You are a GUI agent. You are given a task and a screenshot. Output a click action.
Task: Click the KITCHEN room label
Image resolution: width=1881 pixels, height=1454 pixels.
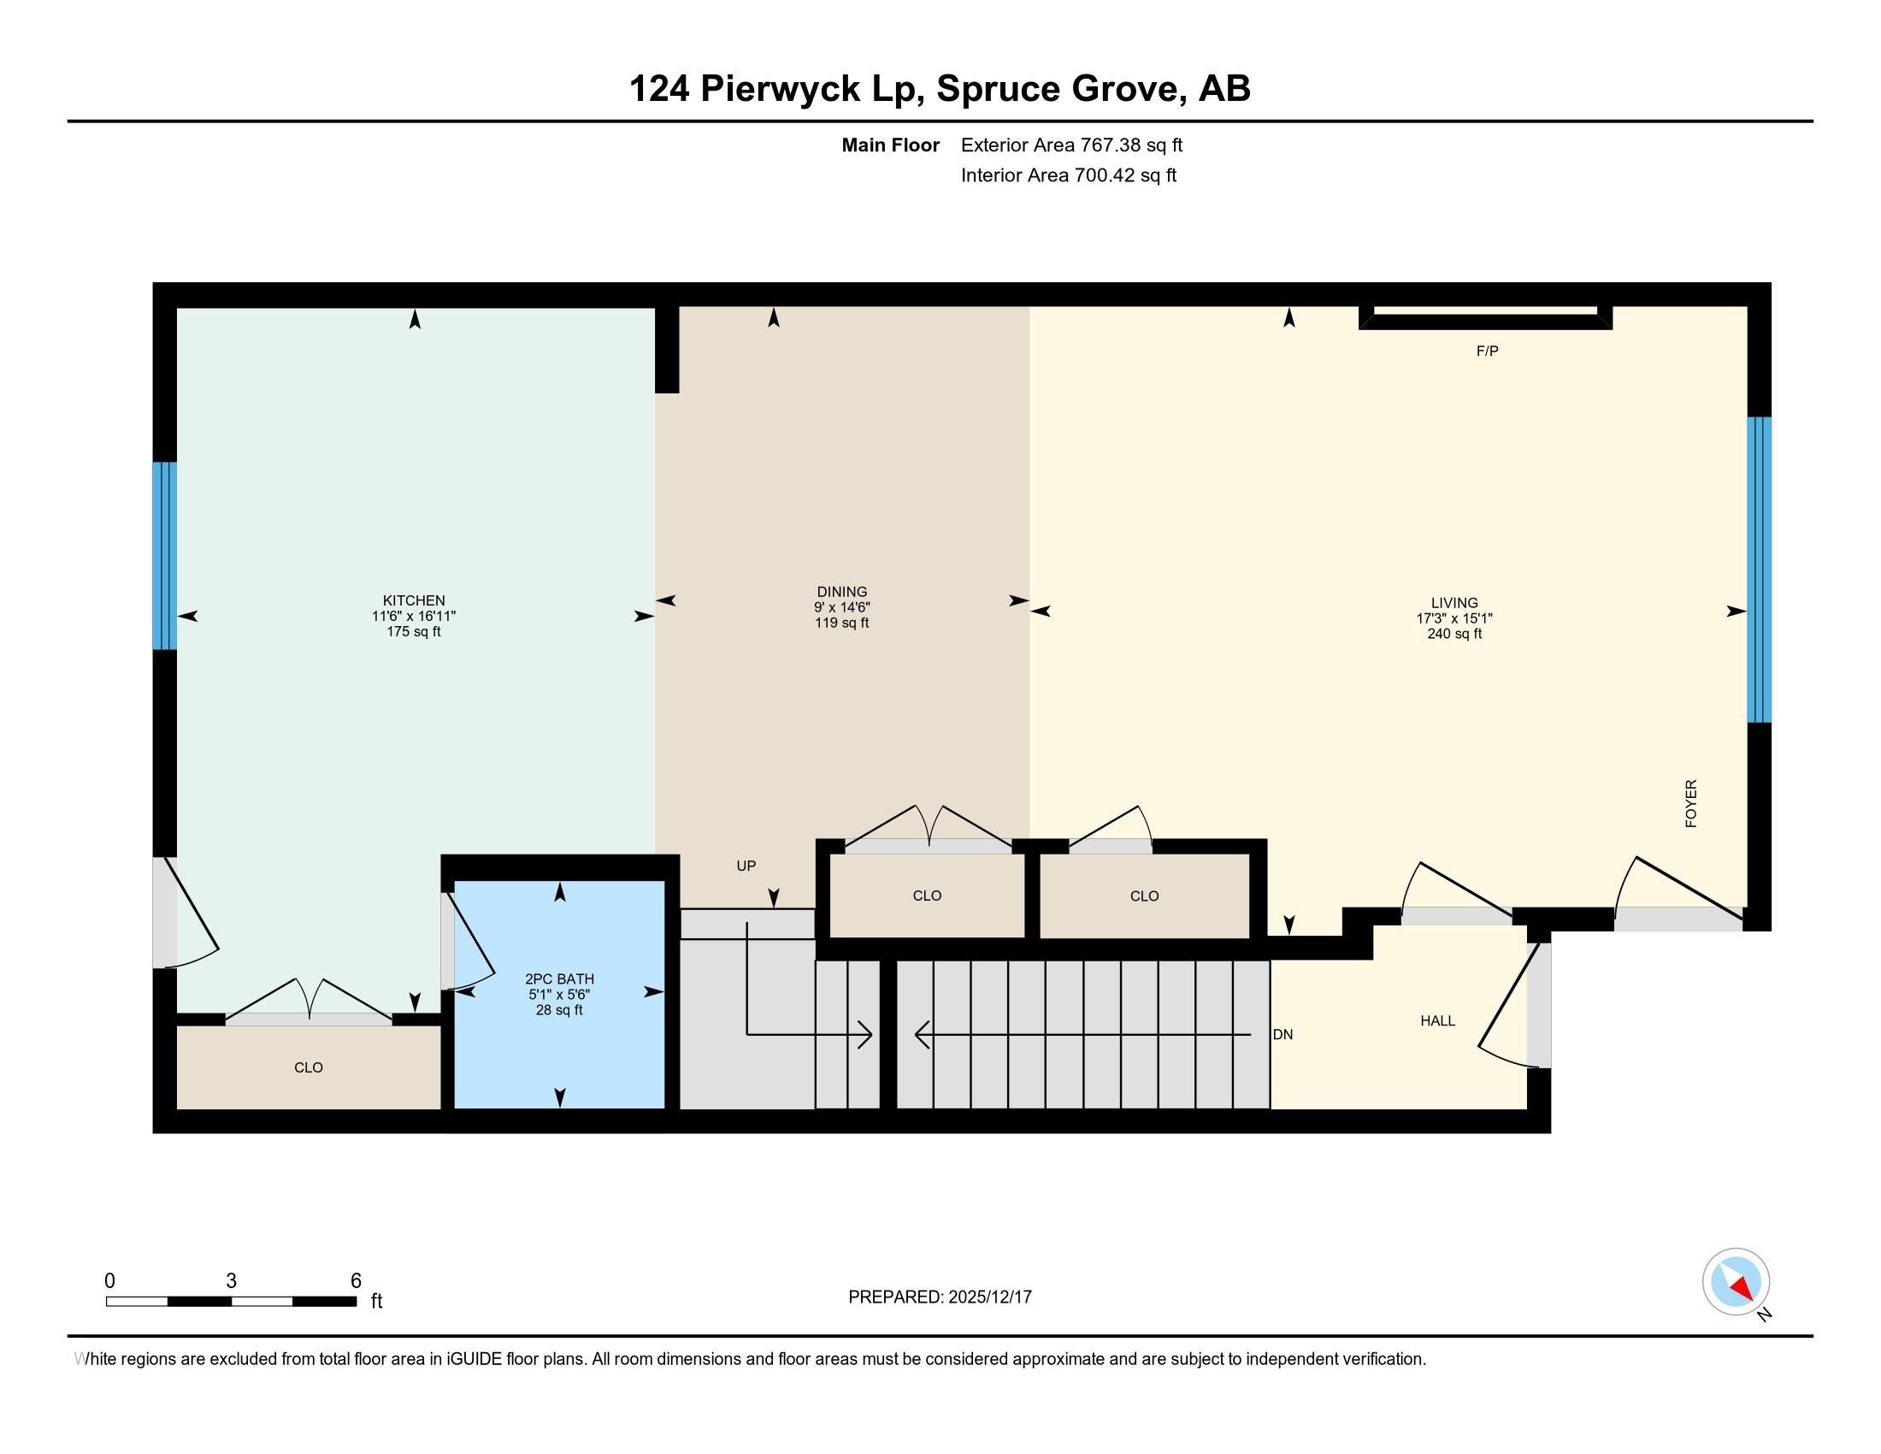pos(414,600)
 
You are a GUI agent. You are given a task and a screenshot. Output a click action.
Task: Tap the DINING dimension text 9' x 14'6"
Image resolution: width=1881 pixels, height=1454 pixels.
pos(841,607)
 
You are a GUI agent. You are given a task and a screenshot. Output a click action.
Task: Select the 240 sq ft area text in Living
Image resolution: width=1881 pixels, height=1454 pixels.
pos(1453,634)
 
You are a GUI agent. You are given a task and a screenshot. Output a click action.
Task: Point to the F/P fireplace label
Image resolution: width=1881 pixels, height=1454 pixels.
pos(1487,352)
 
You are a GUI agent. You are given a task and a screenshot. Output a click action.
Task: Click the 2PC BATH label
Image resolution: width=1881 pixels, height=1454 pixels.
pos(559,978)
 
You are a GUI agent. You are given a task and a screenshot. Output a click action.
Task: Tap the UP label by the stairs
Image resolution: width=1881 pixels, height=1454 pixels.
pos(746,866)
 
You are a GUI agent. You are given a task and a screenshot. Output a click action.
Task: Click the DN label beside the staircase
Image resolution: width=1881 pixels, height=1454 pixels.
pos(1282,1035)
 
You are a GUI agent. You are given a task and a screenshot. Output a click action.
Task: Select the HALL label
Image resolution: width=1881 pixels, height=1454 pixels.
pos(1437,1020)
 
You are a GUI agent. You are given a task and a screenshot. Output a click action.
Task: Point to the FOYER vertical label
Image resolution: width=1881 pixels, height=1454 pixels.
pos(1690,804)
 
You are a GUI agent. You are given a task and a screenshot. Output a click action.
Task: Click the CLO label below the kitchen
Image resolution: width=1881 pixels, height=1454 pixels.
pos(309,1067)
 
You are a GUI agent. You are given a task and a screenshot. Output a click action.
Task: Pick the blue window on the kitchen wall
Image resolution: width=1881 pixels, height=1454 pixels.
pos(164,556)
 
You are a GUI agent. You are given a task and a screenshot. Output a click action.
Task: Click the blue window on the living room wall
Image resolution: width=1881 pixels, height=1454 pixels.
pos(1759,570)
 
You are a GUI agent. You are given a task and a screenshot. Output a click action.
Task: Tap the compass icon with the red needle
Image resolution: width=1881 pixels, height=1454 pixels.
pos(1736,1282)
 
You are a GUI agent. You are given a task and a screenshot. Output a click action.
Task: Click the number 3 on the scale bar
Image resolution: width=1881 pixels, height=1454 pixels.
pos(231,1281)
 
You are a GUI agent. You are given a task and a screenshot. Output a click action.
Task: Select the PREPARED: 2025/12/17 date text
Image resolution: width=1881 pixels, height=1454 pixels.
pos(940,1297)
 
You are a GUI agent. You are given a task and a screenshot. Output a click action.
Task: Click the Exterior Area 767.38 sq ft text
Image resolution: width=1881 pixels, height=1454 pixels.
pos(1071,145)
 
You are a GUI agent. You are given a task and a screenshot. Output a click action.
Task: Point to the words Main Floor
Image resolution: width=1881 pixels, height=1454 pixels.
pos(890,145)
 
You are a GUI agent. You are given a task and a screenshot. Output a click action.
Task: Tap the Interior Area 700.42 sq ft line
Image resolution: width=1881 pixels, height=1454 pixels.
pos(1068,175)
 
